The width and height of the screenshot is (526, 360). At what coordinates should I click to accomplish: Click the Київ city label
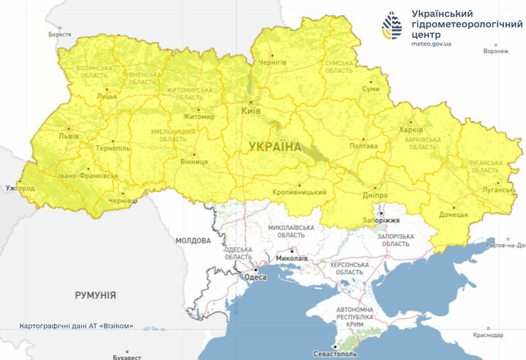point(251,112)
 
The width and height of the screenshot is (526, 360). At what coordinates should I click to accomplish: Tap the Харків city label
point(411,130)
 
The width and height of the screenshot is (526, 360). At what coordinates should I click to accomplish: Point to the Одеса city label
point(255,277)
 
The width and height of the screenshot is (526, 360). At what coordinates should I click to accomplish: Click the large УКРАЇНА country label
point(274,147)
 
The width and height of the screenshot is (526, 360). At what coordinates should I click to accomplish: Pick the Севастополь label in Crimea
point(335,354)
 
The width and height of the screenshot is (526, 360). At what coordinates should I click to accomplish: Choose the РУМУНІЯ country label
point(95,295)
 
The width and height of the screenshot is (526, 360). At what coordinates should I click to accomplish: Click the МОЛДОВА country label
point(193,240)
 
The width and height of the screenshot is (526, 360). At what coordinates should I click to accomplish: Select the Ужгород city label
point(19,189)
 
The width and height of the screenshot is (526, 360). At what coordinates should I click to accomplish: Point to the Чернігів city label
point(273,63)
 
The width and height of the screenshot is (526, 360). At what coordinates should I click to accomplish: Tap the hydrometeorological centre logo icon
point(392,26)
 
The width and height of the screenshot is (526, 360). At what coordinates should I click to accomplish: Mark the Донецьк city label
point(453,214)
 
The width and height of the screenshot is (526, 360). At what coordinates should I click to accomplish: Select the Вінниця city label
point(194,162)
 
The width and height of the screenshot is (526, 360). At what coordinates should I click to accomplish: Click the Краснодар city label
point(488,334)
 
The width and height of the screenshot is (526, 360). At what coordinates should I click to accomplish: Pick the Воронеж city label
point(495,51)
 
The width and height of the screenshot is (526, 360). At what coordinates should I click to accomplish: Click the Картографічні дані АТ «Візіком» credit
point(76,326)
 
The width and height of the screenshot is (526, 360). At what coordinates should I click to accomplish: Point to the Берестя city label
point(60,34)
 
